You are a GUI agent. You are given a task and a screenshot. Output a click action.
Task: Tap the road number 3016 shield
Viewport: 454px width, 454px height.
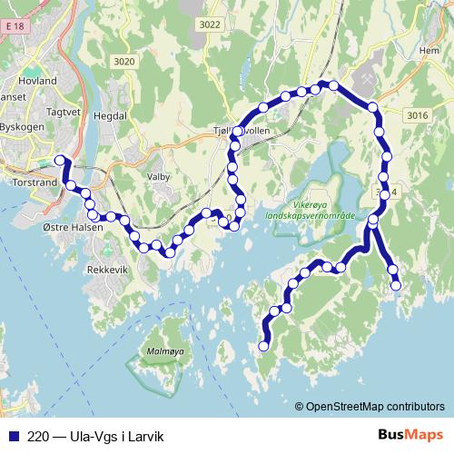click(417, 115)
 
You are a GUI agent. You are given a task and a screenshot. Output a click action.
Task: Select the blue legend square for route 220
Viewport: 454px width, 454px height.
click(12, 435)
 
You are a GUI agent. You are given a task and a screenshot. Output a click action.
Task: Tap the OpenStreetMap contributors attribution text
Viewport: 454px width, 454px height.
click(376, 408)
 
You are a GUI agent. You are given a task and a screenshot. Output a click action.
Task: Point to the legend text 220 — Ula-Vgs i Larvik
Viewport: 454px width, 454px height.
click(99, 435)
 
